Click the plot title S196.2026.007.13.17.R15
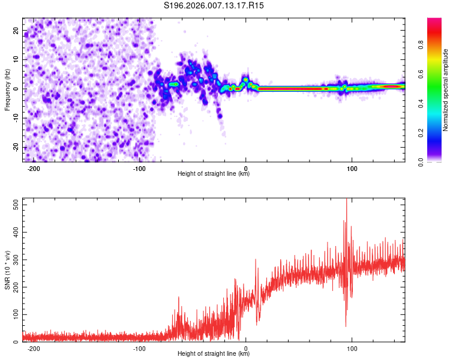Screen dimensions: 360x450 214,5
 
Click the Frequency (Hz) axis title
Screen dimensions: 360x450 7,89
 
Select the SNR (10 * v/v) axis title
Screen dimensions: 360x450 7,270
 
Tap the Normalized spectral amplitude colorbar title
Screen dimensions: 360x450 446,90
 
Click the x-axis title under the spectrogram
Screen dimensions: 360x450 214,174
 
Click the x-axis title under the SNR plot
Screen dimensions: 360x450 214,354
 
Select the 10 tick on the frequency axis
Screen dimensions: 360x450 17,60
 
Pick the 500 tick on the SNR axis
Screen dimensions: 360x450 14,205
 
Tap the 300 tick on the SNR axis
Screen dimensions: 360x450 14,260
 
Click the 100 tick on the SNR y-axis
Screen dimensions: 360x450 14,314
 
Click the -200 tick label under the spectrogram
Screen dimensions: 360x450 34,167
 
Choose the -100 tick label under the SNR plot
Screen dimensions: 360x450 140,348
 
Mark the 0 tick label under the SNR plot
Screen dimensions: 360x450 246,348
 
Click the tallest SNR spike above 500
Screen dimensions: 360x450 346,201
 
